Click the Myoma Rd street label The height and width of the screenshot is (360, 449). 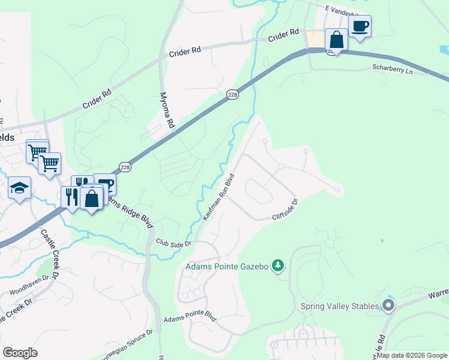click(x=167, y=111)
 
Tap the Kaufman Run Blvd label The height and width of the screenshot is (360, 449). click(x=218, y=197)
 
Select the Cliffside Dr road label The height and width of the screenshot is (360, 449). click(x=285, y=209)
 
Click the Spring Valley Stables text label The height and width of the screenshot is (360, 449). click(x=340, y=306)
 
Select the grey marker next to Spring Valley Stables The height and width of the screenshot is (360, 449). click(x=388, y=306)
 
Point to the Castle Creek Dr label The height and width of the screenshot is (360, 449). click(x=50, y=255)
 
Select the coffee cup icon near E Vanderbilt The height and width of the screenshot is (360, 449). click(x=360, y=27)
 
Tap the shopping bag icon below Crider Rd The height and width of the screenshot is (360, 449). click(x=337, y=40)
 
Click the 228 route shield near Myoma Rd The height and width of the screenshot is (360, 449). click(x=233, y=95)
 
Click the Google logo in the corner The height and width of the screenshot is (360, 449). click(x=20, y=353)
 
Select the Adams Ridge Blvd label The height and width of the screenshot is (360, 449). click(x=134, y=209)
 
